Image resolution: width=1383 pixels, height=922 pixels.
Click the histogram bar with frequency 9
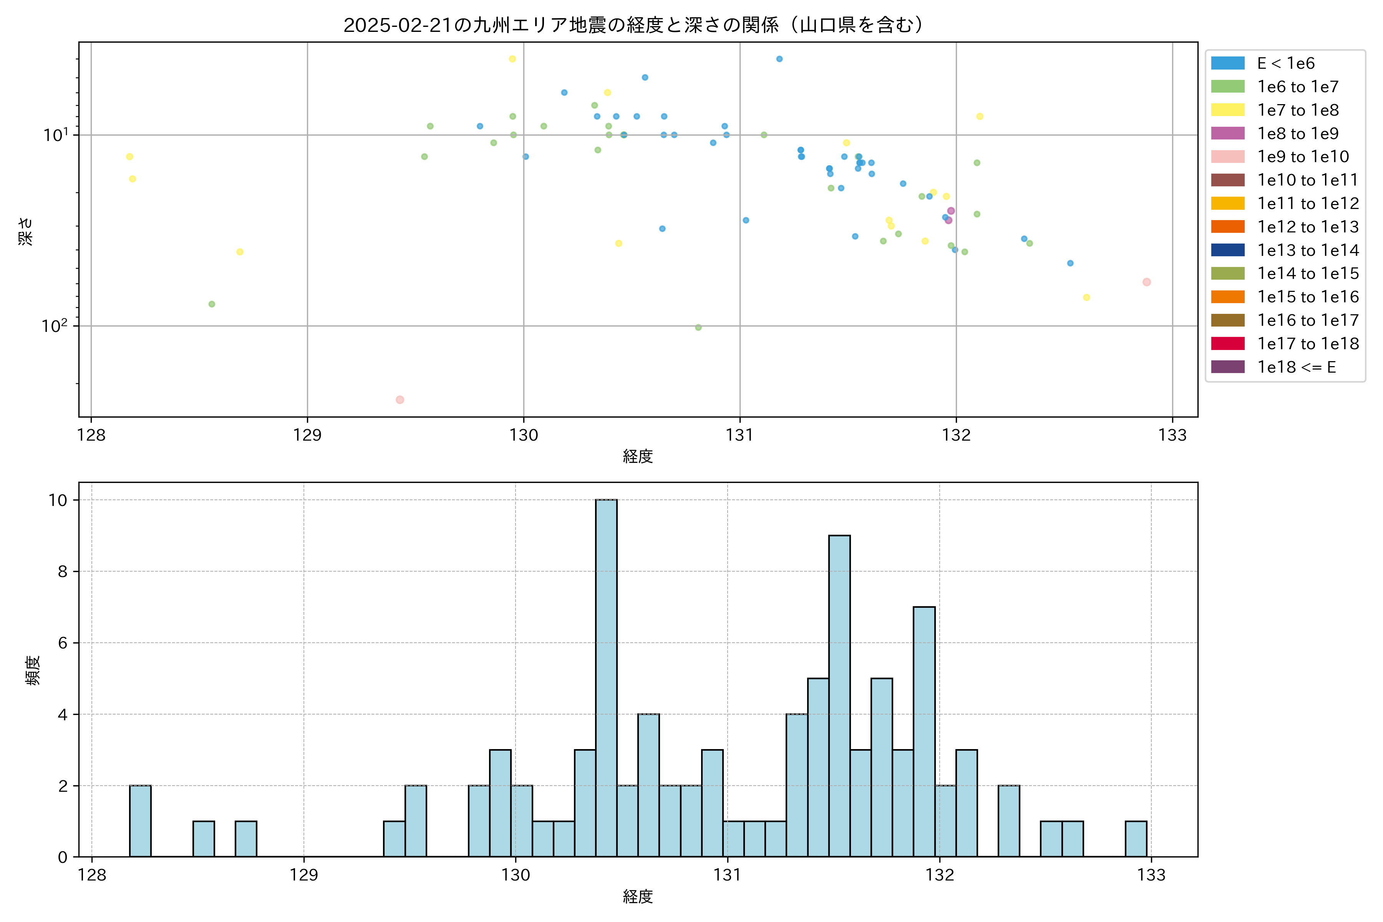coord(839,696)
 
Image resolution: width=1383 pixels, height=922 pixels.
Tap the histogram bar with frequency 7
coord(924,731)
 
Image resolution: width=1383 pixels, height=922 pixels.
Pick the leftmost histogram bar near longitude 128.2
coord(140,821)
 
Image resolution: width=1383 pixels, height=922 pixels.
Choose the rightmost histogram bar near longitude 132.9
coord(1136,839)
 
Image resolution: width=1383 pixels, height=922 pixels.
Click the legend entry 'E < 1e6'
coord(1285,63)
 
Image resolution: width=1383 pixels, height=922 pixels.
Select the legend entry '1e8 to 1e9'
coord(1297,133)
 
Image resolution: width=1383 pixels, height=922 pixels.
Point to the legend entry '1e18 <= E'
coord(1296,367)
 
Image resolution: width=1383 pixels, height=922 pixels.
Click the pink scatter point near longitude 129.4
coord(400,400)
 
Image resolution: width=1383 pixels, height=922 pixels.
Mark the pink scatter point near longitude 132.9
coord(1146,282)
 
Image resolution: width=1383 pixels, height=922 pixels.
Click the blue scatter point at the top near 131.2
coord(779,59)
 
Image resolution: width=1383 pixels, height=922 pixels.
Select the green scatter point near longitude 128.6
coord(212,304)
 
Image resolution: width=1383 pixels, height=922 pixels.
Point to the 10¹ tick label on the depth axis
coord(56,135)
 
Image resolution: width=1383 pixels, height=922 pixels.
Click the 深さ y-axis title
coord(26,231)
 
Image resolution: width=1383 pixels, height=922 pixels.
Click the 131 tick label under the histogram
coord(727,875)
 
